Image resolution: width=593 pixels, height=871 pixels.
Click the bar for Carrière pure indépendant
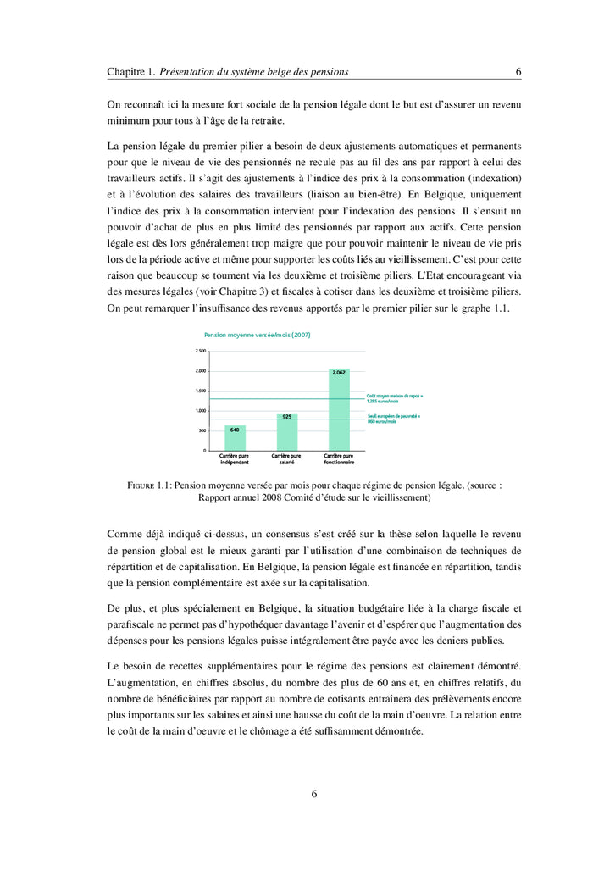235,438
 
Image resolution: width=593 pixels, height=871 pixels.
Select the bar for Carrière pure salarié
287,432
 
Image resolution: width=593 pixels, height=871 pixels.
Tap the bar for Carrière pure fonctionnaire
339,410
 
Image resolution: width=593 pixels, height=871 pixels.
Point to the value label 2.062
339,373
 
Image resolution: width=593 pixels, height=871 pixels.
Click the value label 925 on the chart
287,417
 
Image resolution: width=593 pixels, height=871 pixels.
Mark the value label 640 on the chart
235,430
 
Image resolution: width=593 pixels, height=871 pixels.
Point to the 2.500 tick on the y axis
201,351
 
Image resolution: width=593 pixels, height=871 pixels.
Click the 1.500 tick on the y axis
201,391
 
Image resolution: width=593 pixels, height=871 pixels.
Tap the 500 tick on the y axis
202,430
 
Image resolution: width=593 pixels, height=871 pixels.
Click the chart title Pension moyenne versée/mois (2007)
257,335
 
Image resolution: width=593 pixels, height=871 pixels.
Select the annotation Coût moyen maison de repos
395,398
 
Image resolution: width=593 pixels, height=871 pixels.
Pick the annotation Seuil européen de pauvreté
395,419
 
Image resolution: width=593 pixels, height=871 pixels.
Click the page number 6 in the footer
314,794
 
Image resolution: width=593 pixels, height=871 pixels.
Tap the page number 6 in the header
518,72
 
